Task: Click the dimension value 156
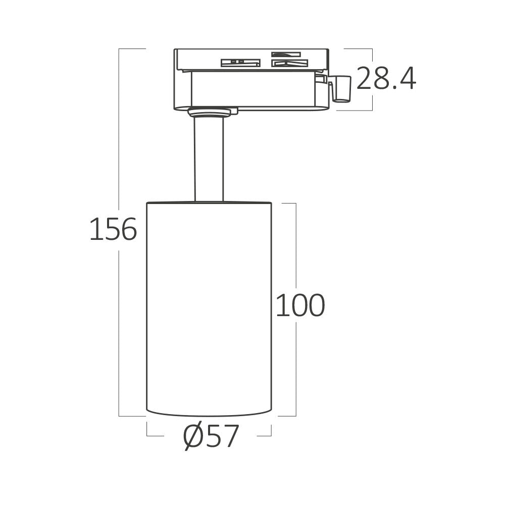click(113, 230)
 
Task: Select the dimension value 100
click(300, 306)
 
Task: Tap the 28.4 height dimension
click(386, 79)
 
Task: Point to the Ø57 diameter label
click(211, 437)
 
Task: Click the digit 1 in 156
click(94, 230)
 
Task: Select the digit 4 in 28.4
click(407, 79)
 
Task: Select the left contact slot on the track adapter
click(240, 63)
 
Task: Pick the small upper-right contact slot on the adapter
click(286, 54)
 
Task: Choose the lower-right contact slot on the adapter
click(289, 63)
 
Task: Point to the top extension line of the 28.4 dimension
click(359, 49)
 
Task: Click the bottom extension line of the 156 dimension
click(131, 416)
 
